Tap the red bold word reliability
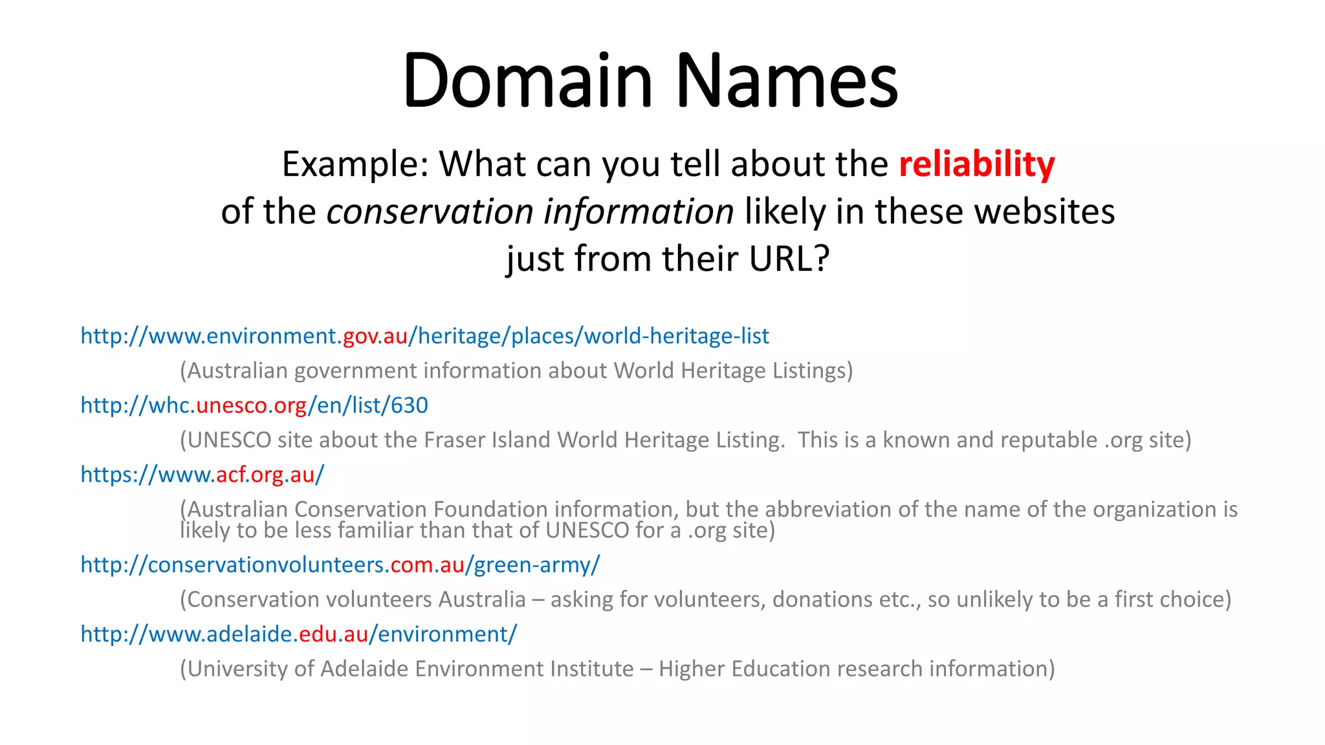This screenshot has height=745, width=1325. (976, 164)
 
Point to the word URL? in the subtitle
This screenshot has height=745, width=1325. (789, 259)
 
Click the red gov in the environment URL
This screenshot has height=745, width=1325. (360, 336)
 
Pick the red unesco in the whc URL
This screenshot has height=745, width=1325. (232, 405)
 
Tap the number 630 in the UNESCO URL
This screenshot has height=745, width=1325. (409, 405)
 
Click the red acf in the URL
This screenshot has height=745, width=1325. (232, 475)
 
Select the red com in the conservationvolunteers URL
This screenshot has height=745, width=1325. (411, 565)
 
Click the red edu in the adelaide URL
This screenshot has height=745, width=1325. (318, 634)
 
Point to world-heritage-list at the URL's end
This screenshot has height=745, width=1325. (676, 336)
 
